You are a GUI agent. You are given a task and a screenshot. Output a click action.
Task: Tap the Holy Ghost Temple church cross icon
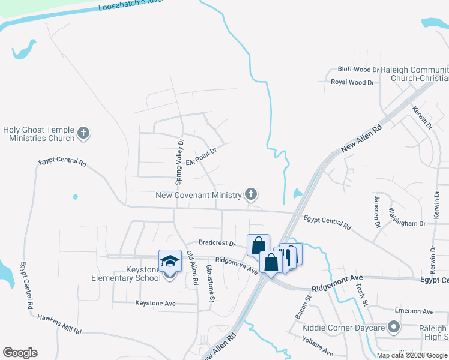(x=83, y=133)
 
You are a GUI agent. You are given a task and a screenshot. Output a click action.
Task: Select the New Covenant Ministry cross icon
(x=251, y=194)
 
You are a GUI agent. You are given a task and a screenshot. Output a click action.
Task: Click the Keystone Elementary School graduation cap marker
(x=170, y=262)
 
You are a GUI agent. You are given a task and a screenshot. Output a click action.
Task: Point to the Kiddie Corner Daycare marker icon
(x=394, y=328)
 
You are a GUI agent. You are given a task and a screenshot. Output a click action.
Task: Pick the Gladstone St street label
(x=211, y=283)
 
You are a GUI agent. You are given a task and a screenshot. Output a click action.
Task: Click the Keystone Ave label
(x=155, y=304)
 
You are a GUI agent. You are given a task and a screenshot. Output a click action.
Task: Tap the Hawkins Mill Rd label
(x=59, y=324)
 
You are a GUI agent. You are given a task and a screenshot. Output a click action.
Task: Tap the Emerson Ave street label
(x=414, y=311)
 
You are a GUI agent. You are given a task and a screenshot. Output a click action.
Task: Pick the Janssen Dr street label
(x=378, y=211)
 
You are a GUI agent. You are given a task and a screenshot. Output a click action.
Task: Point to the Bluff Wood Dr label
(x=358, y=70)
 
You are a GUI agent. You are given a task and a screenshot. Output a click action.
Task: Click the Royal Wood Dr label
(x=352, y=82)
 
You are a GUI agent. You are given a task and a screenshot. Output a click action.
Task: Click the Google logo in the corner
(x=20, y=353)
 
